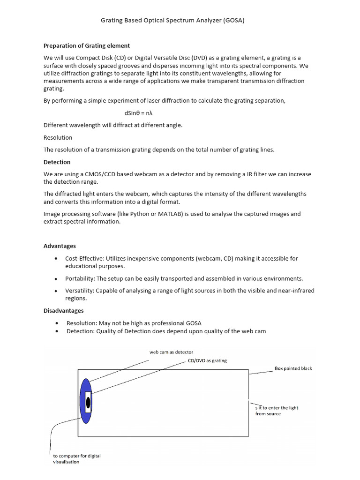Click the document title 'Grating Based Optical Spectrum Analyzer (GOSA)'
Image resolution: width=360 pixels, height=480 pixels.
click(x=173, y=21)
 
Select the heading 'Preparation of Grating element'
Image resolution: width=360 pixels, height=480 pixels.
click(x=87, y=45)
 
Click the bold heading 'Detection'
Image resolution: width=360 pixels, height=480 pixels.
click(x=57, y=162)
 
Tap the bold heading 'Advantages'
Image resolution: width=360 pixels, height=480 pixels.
click(x=60, y=246)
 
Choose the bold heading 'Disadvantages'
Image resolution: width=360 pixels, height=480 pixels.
click(x=64, y=310)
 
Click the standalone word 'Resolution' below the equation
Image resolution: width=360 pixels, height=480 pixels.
click(x=58, y=138)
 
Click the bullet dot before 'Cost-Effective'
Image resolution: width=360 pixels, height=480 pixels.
click(x=57, y=258)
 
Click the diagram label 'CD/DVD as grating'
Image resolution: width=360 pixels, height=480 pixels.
click(x=207, y=360)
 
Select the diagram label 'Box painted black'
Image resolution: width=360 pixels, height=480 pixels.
click(x=293, y=368)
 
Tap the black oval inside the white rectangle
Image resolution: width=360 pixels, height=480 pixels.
click(x=88, y=402)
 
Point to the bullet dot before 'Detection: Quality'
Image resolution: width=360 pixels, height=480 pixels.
click(x=57, y=331)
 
